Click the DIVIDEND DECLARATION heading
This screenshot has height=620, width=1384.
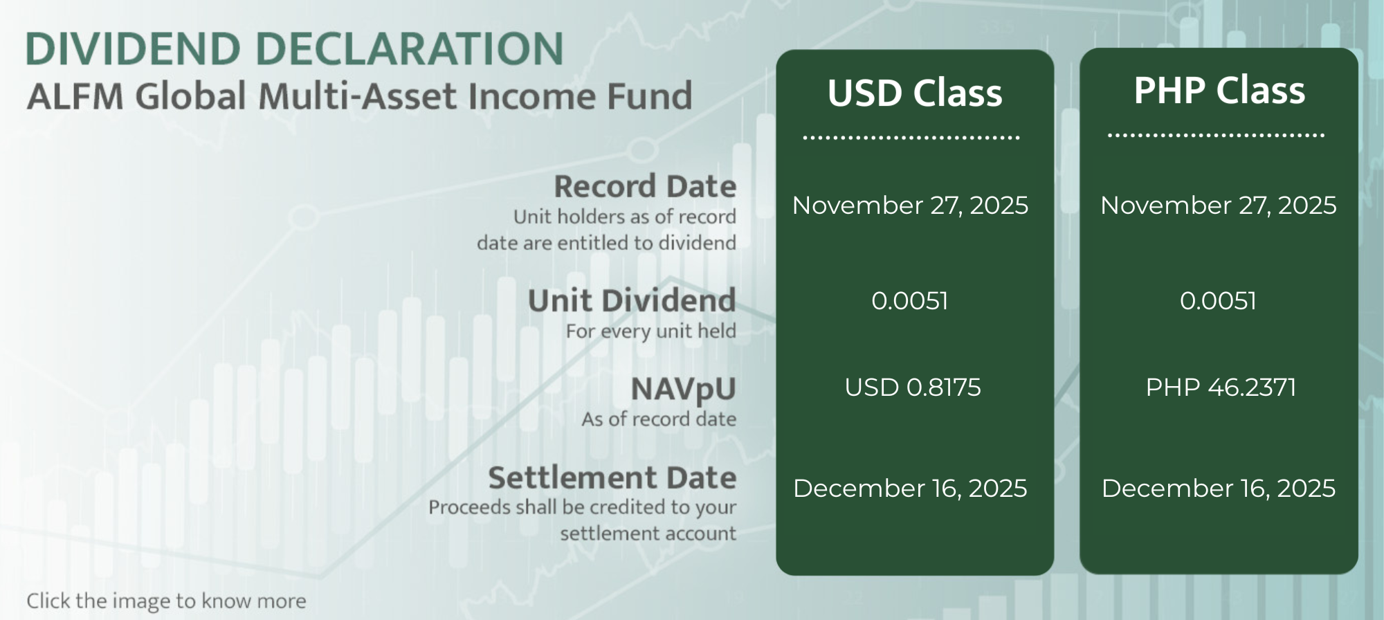(x=295, y=48)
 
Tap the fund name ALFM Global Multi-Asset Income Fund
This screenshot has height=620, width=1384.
(x=359, y=95)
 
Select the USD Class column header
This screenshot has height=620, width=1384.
(x=915, y=93)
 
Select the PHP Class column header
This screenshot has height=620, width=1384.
(x=1219, y=90)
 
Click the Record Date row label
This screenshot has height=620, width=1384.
(x=645, y=186)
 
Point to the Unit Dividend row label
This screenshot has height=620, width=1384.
(x=632, y=300)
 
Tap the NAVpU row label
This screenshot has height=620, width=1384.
(x=684, y=389)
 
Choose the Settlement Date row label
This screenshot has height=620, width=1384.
(x=612, y=477)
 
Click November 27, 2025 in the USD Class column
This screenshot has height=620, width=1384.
(x=910, y=206)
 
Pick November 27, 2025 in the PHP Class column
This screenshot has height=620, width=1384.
(x=1219, y=206)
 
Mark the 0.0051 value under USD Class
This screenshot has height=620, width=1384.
(x=910, y=300)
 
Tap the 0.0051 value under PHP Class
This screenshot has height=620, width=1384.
(x=1219, y=300)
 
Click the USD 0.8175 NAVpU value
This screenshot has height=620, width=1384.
(x=913, y=387)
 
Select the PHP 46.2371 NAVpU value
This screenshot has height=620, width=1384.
(x=1221, y=387)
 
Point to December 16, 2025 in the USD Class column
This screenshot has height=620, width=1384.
(x=910, y=489)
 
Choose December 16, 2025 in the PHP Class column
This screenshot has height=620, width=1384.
(x=1219, y=489)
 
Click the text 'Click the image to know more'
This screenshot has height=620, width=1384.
(x=166, y=601)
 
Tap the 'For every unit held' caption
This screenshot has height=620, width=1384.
(x=651, y=331)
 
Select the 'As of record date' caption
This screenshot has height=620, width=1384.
(x=659, y=419)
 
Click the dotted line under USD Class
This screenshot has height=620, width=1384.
(x=911, y=138)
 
